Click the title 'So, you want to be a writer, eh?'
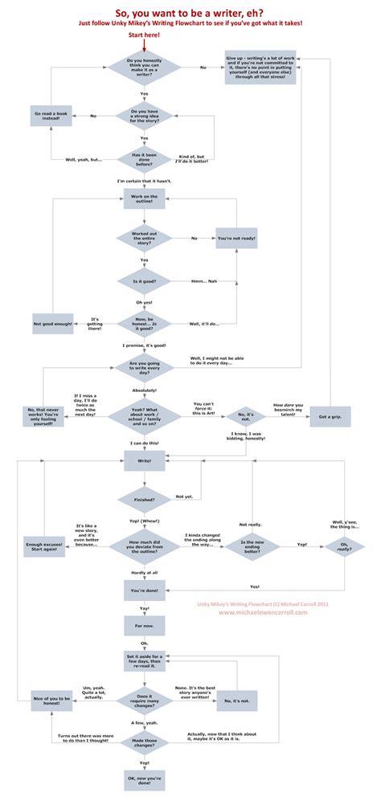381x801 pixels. [x=190, y=12]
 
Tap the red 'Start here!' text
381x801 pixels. [x=144, y=35]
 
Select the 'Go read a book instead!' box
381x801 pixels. [x=52, y=116]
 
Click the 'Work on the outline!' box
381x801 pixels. [x=144, y=199]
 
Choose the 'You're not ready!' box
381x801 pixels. [x=236, y=239]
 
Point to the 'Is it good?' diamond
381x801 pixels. [x=144, y=282]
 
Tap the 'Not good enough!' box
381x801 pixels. [x=52, y=324]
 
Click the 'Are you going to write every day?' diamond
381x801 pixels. [x=144, y=366]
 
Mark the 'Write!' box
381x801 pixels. [x=144, y=460]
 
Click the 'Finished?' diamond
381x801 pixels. [x=144, y=499]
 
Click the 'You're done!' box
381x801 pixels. [x=144, y=591]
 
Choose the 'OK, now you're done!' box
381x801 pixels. [x=144, y=779]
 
